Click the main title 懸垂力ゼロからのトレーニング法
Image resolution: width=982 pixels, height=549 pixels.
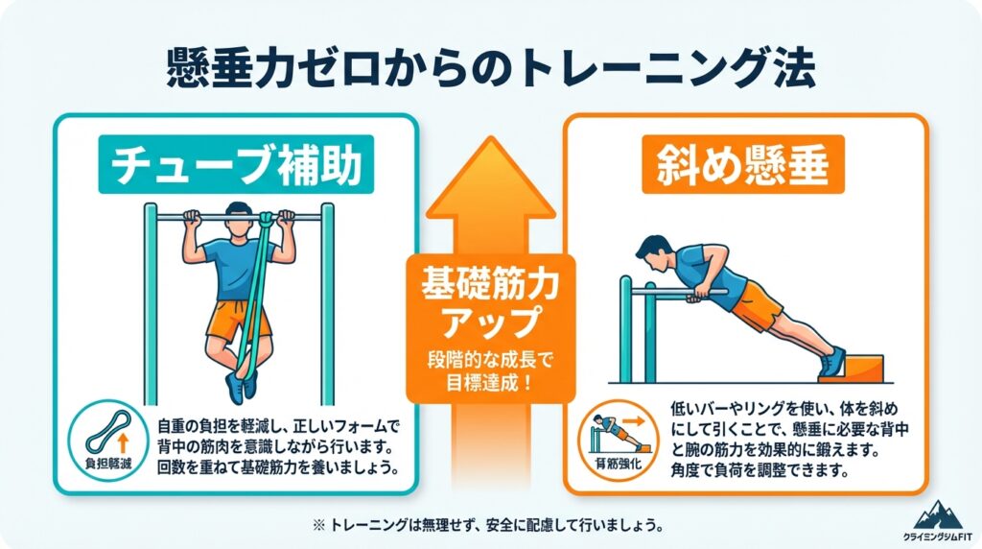[491, 68]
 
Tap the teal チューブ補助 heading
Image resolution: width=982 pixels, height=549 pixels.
[236, 164]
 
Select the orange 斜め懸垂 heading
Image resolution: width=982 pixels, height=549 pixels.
[743, 164]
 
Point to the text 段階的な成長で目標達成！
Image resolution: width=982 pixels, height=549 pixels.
[490, 371]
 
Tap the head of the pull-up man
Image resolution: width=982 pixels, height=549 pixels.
[238, 219]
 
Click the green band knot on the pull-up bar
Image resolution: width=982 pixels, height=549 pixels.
[268, 219]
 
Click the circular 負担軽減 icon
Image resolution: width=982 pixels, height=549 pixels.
[108, 441]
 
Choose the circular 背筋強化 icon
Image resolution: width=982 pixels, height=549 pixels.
[619, 441]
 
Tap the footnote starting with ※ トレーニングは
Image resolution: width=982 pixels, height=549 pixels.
[489, 525]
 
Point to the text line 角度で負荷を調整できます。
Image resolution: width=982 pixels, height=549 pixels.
[760, 470]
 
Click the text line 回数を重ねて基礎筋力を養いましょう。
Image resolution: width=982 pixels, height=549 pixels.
[278, 468]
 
